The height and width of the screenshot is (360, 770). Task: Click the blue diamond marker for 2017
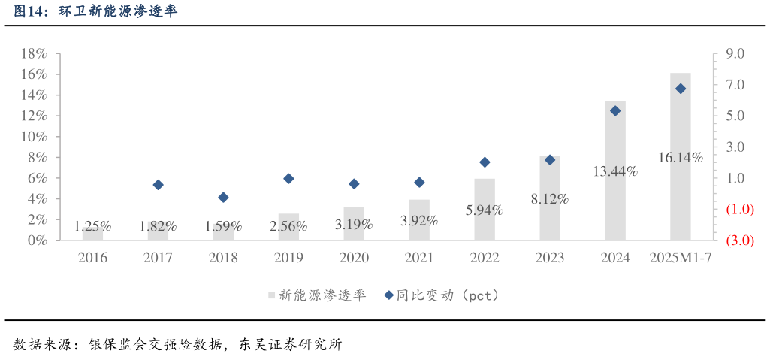158,185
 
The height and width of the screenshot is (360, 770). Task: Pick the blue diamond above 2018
223,198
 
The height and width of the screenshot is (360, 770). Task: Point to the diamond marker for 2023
550,160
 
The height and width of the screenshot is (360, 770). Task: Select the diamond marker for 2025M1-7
681,89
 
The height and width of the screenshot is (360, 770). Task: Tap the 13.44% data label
614,171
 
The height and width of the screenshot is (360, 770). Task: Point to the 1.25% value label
93,225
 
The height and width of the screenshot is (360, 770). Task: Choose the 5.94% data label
485,210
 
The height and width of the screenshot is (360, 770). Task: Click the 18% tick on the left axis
34,54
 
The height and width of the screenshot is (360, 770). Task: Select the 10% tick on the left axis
34,137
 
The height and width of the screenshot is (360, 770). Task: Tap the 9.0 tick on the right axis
734,54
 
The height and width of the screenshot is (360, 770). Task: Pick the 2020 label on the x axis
354,258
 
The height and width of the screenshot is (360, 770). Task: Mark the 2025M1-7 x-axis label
680,258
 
